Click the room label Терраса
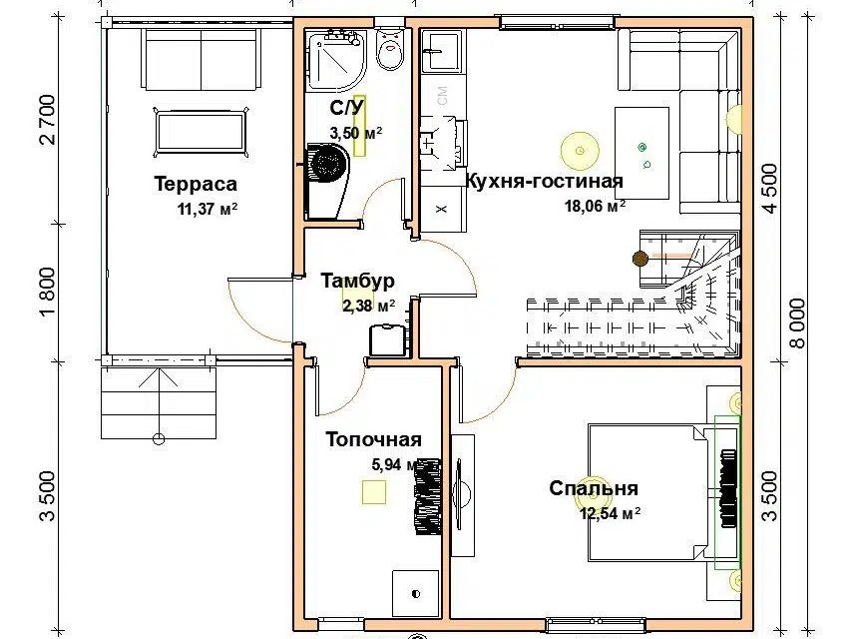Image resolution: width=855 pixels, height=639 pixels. [x=196, y=184]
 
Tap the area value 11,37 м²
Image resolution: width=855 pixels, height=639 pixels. [x=208, y=209]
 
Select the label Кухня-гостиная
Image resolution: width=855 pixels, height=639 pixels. [x=544, y=181]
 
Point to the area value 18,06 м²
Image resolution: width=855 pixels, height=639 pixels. [x=595, y=206]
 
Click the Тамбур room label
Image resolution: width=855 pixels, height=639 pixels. [x=358, y=281]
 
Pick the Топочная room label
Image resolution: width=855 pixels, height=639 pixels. [x=373, y=439]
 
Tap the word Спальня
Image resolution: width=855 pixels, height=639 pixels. [x=594, y=488]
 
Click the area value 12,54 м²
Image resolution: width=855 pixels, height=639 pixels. [x=610, y=513]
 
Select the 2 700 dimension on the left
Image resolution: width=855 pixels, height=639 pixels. [x=48, y=120]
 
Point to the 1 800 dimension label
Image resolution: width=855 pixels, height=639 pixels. [x=48, y=292]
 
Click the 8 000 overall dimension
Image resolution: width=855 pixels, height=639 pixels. [x=797, y=323]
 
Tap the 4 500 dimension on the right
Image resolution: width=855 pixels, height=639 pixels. [x=770, y=189]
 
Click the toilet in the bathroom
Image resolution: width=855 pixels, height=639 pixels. [x=390, y=48]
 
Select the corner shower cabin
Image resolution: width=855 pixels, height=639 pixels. [x=335, y=60]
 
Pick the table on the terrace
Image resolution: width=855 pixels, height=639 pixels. [x=201, y=133]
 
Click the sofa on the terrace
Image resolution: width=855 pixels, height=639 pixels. [x=200, y=59]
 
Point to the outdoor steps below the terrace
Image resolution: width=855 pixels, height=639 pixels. [x=159, y=402]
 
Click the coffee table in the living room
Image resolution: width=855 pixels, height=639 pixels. [x=641, y=154]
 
